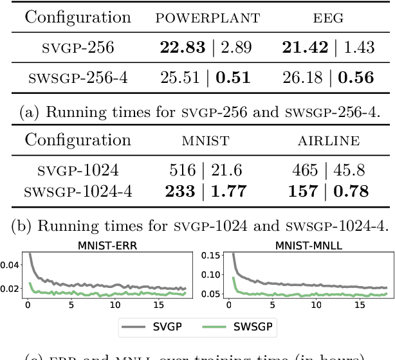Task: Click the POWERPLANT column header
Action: tap(207, 18)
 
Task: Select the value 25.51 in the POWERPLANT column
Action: tap(181, 78)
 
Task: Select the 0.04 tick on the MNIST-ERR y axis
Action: tap(11, 264)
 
